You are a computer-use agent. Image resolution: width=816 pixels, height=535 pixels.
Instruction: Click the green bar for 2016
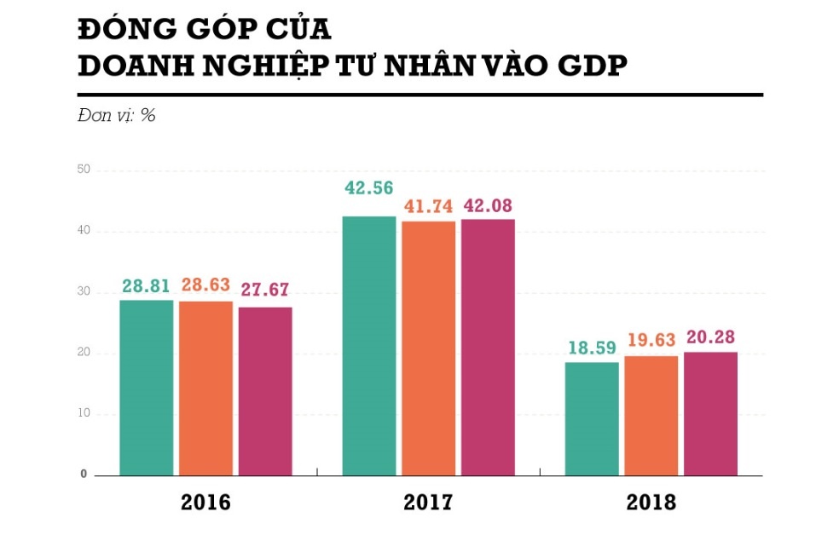146,388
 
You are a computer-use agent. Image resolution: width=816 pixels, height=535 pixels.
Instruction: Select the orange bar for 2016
205,388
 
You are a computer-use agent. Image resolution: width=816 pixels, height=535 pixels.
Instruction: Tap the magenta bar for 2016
265,391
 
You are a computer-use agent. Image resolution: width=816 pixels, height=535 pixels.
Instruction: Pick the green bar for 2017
369,346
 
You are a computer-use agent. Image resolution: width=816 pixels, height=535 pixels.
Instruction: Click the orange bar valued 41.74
429,348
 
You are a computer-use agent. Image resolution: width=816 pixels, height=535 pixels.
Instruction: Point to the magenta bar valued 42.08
488,348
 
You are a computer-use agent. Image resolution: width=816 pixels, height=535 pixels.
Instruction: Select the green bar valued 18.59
592,418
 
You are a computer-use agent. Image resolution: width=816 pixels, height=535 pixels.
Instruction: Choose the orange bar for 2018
651,416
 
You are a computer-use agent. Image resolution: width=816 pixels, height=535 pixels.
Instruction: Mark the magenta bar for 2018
710,413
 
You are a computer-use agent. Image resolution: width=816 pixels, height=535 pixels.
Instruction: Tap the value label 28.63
205,285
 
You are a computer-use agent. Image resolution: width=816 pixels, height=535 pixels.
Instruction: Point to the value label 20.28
710,337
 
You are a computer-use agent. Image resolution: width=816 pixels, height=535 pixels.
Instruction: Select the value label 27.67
265,291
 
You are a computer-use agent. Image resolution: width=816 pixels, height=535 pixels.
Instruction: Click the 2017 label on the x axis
429,503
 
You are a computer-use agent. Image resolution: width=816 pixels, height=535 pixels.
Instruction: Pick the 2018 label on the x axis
651,503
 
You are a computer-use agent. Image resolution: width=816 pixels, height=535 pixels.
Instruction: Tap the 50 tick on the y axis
84,170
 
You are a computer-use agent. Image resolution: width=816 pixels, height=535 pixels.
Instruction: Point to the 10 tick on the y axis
84,414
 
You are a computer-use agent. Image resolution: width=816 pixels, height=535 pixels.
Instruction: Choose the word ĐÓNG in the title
124,28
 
